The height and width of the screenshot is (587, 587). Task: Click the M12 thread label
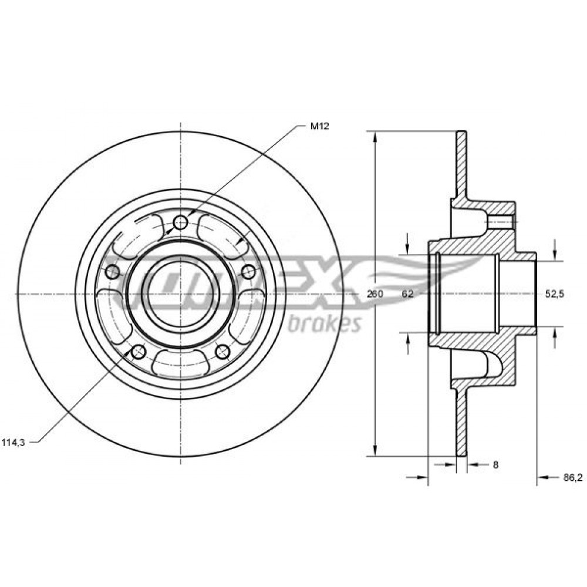(x=319, y=126)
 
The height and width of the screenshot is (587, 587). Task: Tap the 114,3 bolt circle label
(x=13, y=443)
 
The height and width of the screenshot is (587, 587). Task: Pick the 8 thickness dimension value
(x=495, y=465)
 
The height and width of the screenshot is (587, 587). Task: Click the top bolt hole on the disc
(x=181, y=223)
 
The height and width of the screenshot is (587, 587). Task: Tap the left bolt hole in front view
(x=113, y=272)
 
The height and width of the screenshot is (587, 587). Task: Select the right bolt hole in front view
(x=248, y=272)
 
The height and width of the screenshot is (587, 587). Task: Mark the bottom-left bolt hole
(x=139, y=351)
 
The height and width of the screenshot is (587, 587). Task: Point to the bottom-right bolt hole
(x=222, y=351)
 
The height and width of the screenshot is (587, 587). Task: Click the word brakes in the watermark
(x=324, y=323)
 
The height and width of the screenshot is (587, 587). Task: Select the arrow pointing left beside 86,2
(x=545, y=477)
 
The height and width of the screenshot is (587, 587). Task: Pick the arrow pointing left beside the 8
(x=474, y=464)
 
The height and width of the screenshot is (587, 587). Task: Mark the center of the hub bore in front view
(x=181, y=294)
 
